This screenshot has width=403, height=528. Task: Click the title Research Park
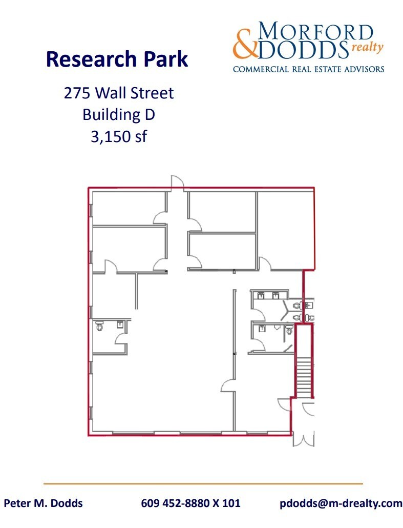point(117,59)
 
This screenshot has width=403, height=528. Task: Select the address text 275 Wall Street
point(118,93)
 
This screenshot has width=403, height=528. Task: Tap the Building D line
point(118,115)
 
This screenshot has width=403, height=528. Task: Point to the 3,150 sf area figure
point(118,137)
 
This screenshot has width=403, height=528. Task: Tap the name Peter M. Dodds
point(44,503)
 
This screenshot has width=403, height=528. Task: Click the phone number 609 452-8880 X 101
point(190,503)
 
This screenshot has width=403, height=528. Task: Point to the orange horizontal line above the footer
point(203,483)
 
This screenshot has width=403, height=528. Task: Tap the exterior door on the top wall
point(177,181)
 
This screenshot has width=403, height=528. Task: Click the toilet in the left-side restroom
point(99,325)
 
